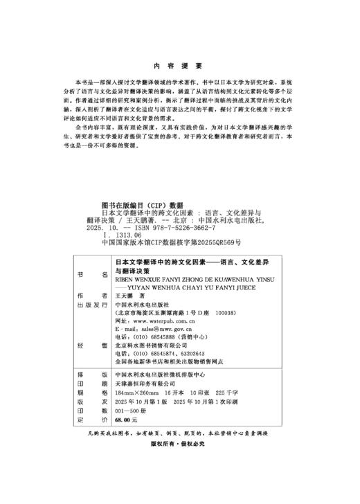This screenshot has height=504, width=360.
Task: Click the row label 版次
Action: (91, 401)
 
